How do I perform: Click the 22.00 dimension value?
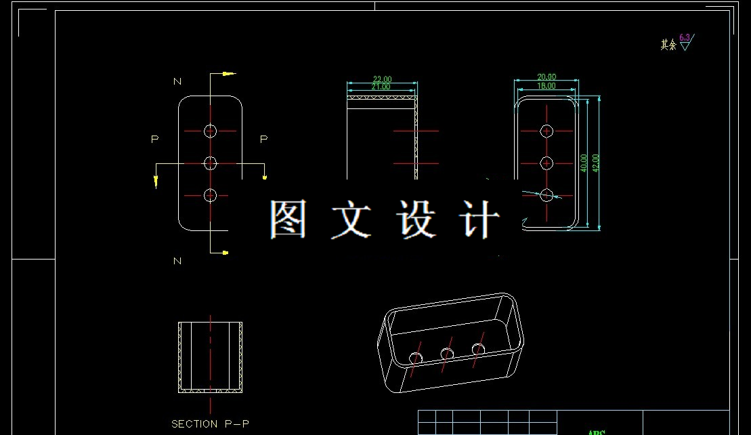pyautogui.click(x=382, y=79)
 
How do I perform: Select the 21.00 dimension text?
pyautogui.click(x=381, y=87)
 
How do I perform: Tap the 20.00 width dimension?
pyautogui.click(x=546, y=77)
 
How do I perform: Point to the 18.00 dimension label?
pyautogui.click(x=546, y=86)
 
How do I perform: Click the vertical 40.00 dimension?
pyautogui.click(x=584, y=162)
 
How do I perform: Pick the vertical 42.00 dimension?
pyautogui.click(x=596, y=163)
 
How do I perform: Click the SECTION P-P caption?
pyautogui.click(x=210, y=424)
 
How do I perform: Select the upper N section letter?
pyautogui.click(x=177, y=81)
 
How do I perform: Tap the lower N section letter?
pyautogui.click(x=177, y=261)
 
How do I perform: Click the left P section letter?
pyautogui.click(x=155, y=139)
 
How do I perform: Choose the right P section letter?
pyautogui.click(x=264, y=139)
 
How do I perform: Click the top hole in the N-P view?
pyautogui.click(x=210, y=130)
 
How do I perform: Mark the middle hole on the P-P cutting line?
pyautogui.click(x=210, y=163)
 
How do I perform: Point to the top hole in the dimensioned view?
pyautogui.click(x=546, y=131)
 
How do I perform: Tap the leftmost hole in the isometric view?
pyautogui.click(x=416, y=357)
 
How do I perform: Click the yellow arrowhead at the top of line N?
pyautogui.click(x=230, y=73)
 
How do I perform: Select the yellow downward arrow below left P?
pyautogui.click(x=156, y=181)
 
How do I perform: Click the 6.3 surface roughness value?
pyautogui.click(x=684, y=37)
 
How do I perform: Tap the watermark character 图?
pyautogui.click(x=288, y=218)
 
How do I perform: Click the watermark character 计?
pyautogui.click(x=480, y=218)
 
